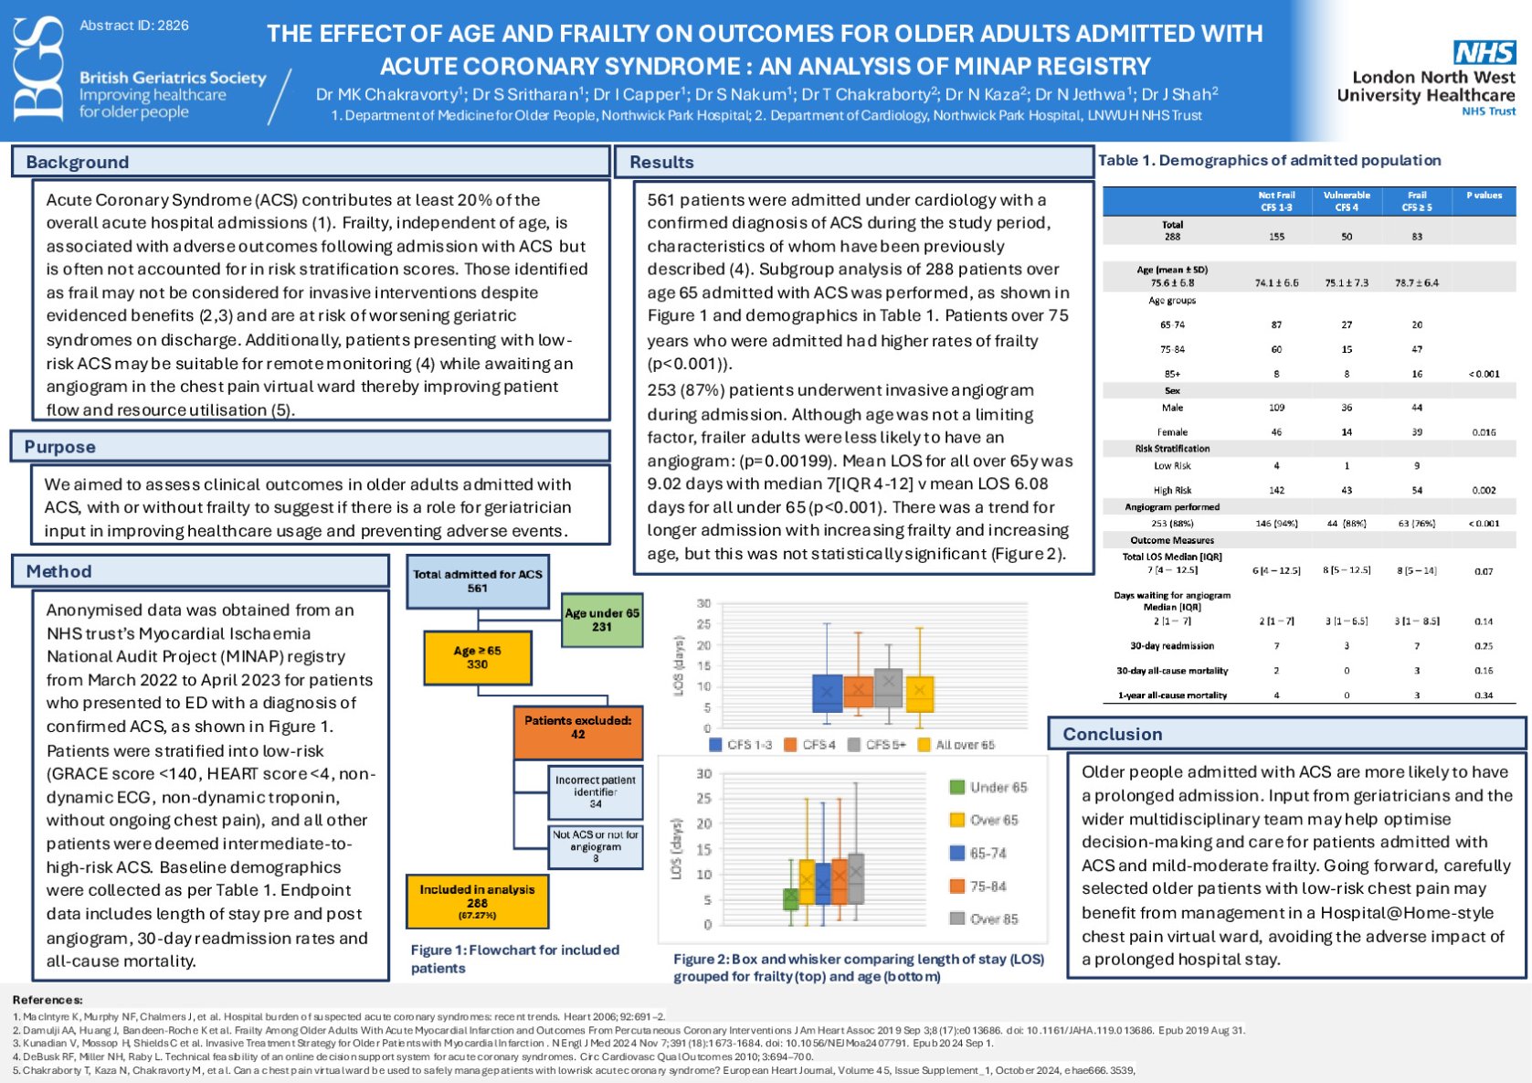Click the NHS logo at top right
point(1484,52)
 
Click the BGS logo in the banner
point(38,70)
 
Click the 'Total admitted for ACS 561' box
point(477,581)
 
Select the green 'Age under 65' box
point(601,620)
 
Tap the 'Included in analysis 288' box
point(477,901)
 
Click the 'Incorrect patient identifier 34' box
point(596,791)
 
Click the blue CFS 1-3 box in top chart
point(827,694)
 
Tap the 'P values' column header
point(1484,196)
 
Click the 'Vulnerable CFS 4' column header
point(1347,201)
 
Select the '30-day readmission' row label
point(1172,645)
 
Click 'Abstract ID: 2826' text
point(134,26)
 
